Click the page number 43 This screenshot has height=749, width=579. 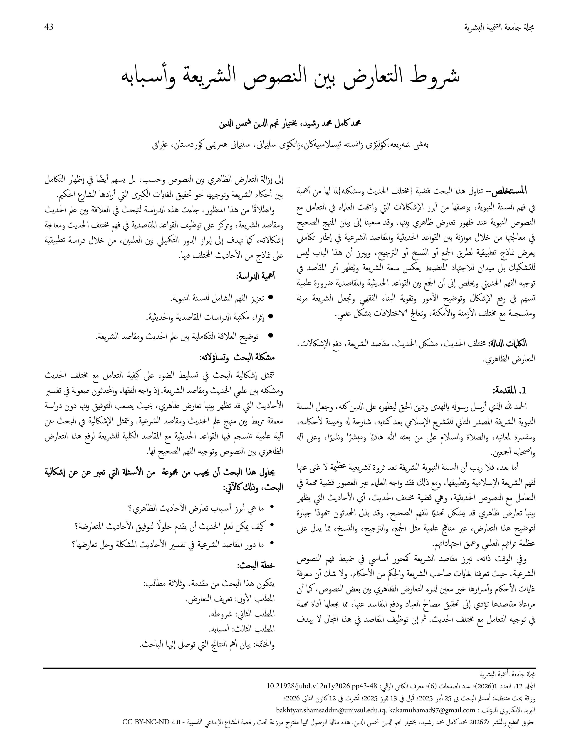coord(49,27)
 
